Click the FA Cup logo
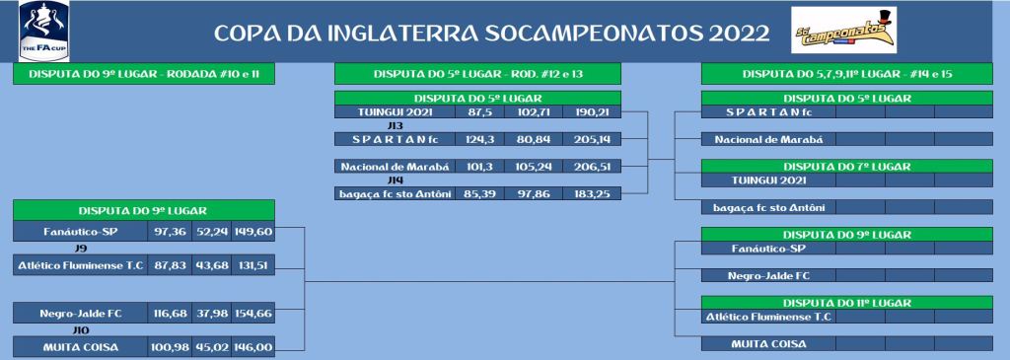pos(44,31)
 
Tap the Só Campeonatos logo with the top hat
pos(843,30)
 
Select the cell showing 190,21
pos(592,111)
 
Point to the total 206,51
pos(592,166)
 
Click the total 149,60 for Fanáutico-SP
pos(253,231)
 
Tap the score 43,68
pos(211,265)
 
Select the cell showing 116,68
pos(170,314)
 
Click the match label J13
pos(396,125)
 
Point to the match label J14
pos(396,180)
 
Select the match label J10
pos(81,330)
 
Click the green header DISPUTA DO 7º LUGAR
pos(847,167)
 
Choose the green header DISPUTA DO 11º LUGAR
pos(847,303)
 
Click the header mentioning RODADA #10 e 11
pos(144,74)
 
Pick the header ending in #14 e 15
pos(847,74)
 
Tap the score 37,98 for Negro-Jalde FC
pos(211,314)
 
